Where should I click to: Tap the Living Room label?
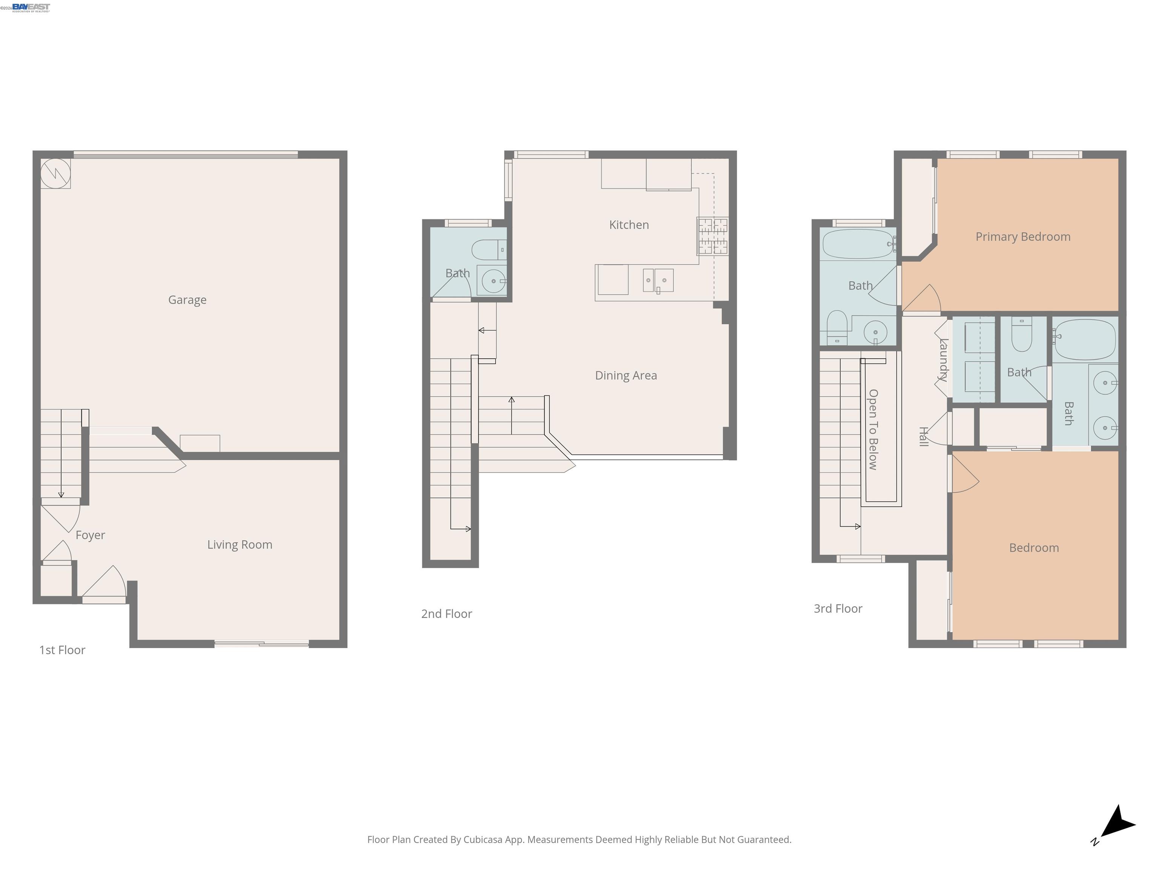pos(240,545)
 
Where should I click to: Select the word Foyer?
pos(90,535)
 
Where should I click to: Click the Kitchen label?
pos(629,225)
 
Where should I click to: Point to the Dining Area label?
pos(626,376)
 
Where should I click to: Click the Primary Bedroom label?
pos(1023,237)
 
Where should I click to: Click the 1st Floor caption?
pos(62,650)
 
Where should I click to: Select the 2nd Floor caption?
pos(446,614)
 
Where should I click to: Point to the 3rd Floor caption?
pos(838,609)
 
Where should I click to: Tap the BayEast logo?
pos(31,7)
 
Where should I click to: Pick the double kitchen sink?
pos(658,281)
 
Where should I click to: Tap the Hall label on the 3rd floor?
pos(924,436)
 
